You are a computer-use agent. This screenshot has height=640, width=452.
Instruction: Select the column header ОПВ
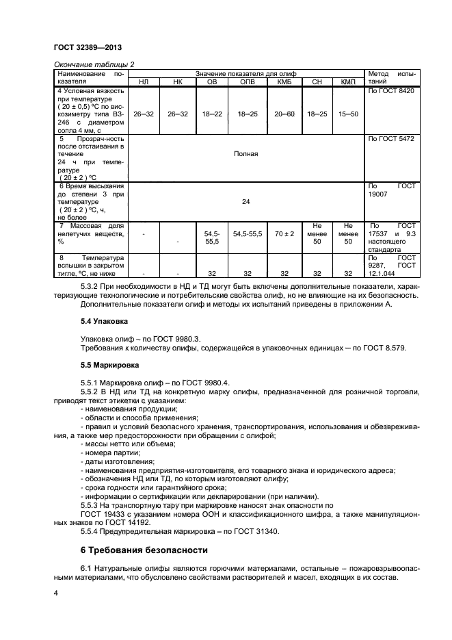click(247, 81)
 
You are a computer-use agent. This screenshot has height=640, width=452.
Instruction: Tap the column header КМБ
click(284, 81)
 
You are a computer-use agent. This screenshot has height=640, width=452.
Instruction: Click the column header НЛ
click(144, 81)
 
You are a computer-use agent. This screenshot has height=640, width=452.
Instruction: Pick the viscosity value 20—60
click(284, 114)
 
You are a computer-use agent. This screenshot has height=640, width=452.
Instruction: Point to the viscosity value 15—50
click(349, 114)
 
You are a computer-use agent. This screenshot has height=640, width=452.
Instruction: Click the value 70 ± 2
click(284, 233)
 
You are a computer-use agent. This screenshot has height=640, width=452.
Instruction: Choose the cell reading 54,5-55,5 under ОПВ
click(247, 233)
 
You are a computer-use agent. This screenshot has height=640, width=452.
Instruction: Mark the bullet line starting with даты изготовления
click(117, 461)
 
